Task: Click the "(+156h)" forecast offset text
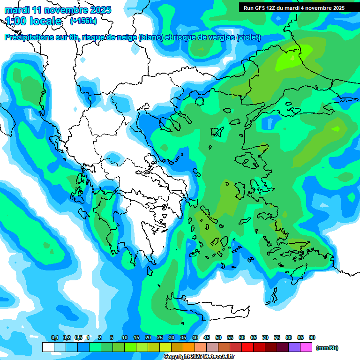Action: click(x=83, y=21)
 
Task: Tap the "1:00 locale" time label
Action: click(x=33, y=21)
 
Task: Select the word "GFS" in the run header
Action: click(x=262, y=8)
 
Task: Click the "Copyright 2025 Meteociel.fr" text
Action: click(x=199, y=357)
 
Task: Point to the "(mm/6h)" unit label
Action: click(x=327, y=348)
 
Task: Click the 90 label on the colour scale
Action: click(x=312, y=337)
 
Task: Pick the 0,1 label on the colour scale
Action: click(x=54, y=337)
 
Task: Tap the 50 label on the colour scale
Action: click(x=218, y=337)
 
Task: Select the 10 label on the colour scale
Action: click(x=125, y=337)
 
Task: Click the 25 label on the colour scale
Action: click(x=160, y=337)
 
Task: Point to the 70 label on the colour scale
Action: click(x=265, y=337)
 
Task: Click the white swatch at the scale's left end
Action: click(x=48, y=347)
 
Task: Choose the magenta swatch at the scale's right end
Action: click(x=307, y=347)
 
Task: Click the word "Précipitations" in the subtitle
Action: click(x=29, y=37)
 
